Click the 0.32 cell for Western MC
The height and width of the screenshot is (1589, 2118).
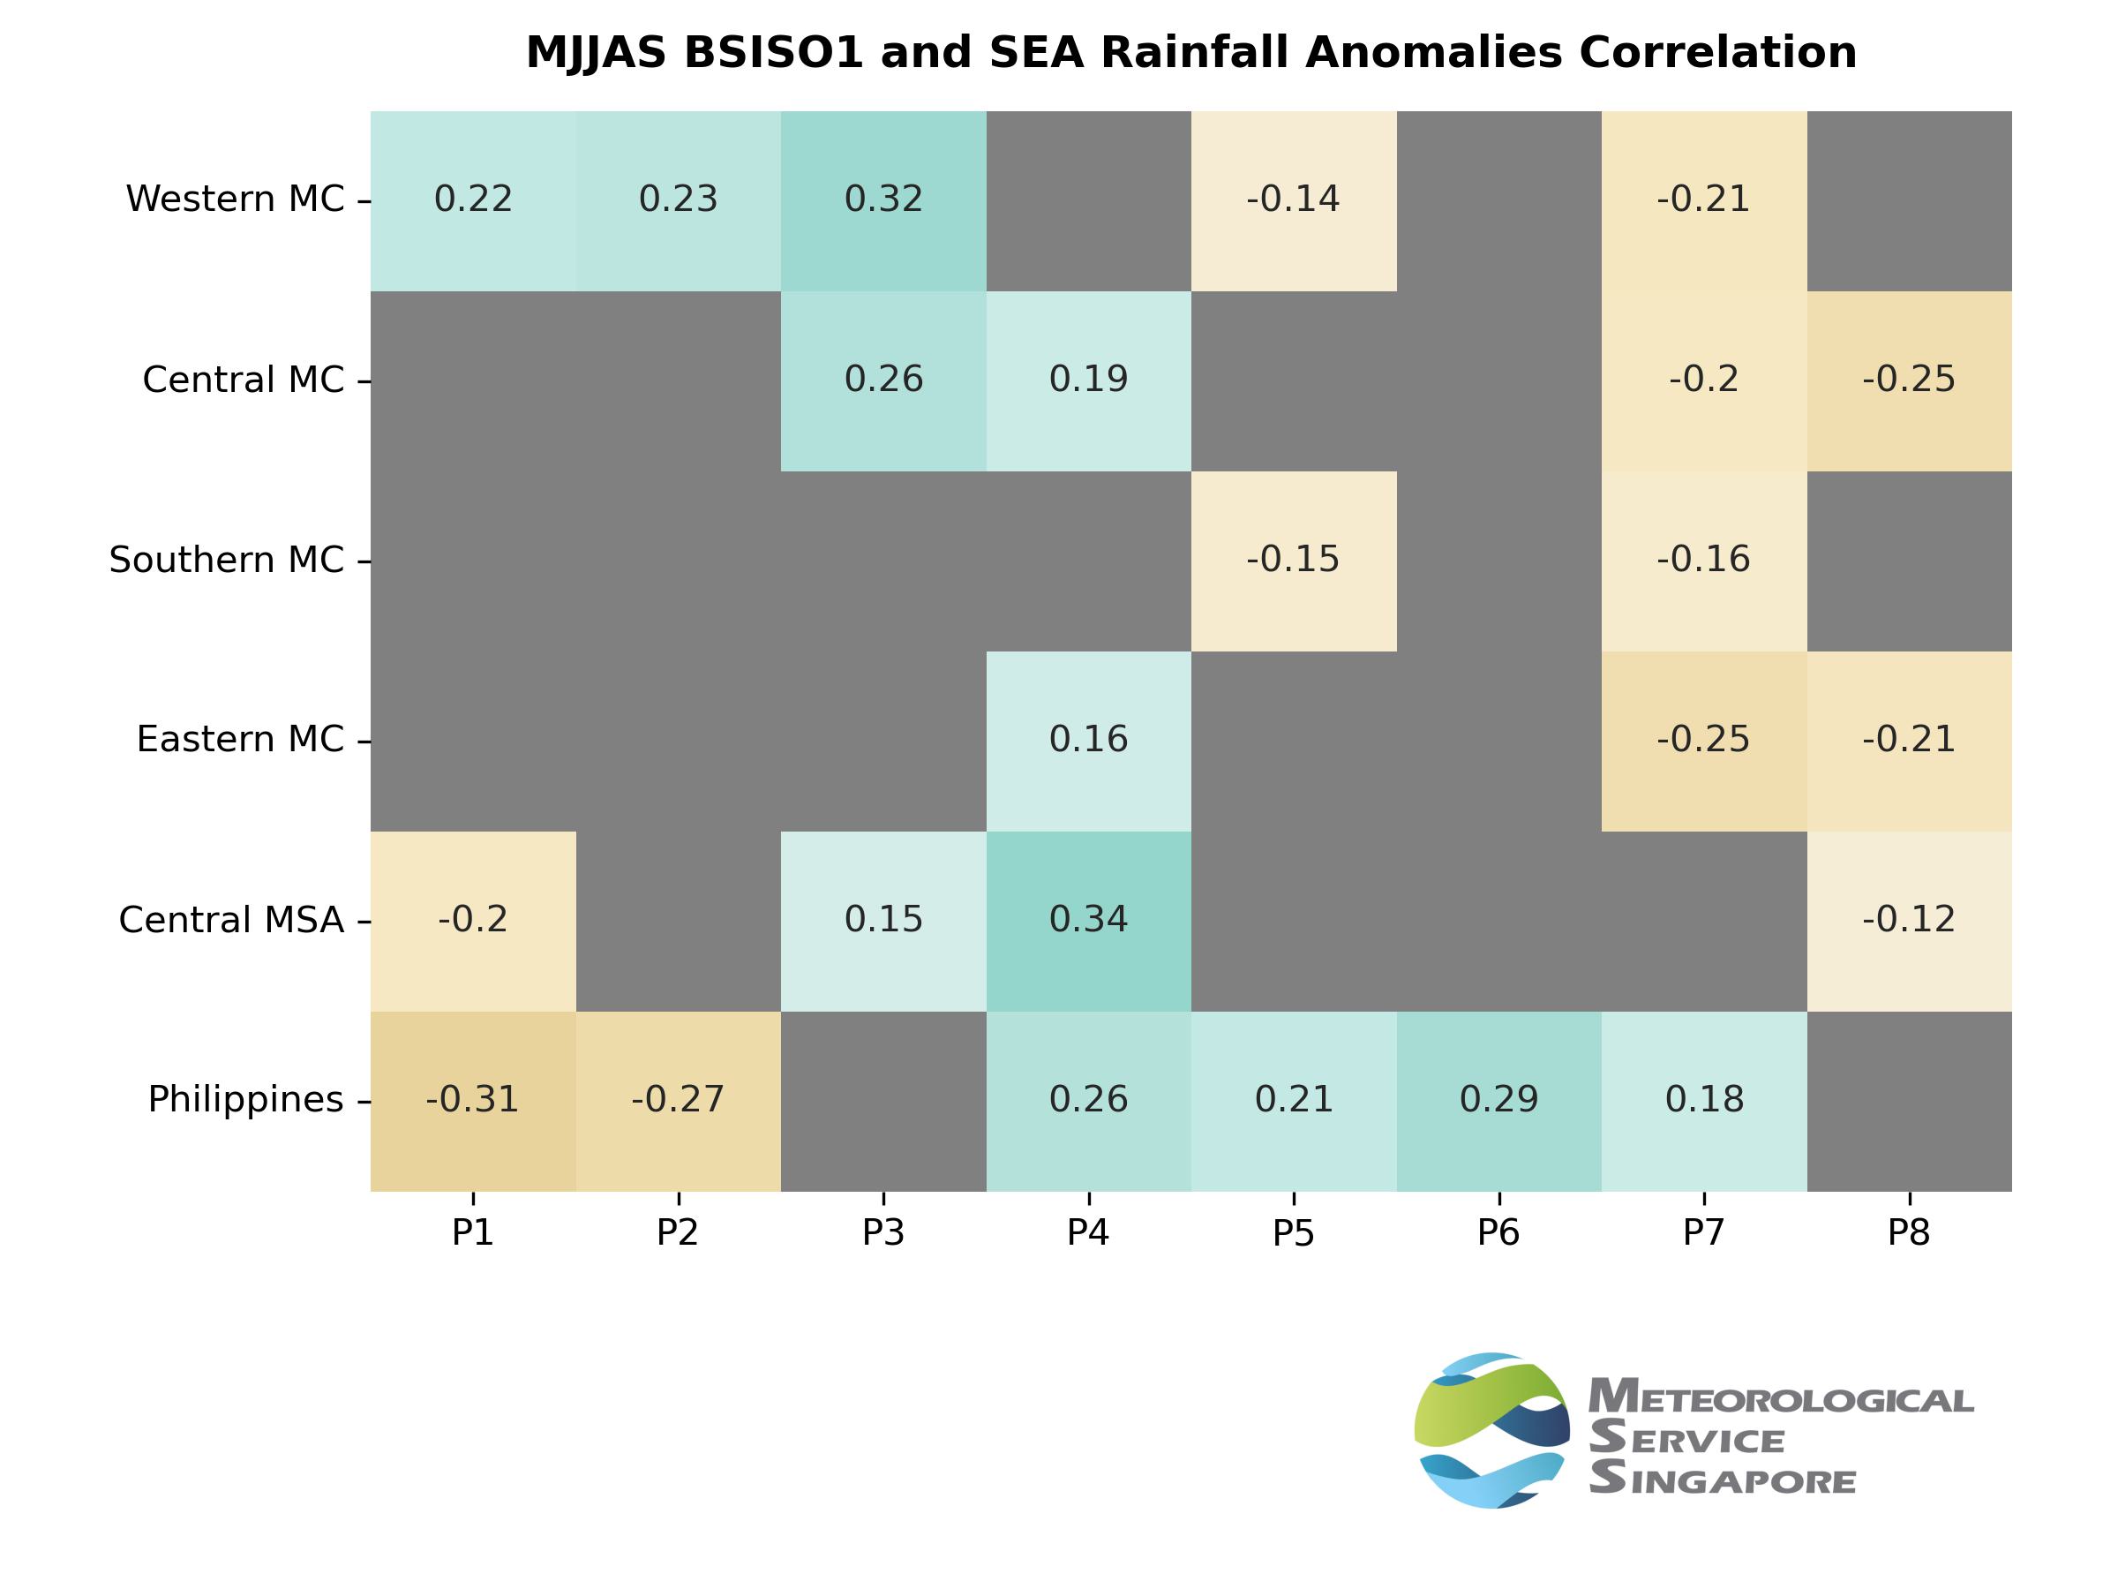882,200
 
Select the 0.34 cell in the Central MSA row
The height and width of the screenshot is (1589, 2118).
1088,921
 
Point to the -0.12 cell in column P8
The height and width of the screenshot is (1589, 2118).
1908,921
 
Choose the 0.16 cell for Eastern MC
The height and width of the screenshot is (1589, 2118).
1088,741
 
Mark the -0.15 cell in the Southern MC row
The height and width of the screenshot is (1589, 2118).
1293,561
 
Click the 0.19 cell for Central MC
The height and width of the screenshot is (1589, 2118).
1088,380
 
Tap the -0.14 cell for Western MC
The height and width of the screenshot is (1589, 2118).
1293,200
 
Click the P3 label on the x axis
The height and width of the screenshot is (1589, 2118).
882,1233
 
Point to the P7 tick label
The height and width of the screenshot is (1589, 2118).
1703,1233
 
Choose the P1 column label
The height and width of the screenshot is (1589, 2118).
473,1233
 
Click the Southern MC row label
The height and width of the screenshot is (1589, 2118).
226,561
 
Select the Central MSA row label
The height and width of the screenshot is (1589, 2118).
230,921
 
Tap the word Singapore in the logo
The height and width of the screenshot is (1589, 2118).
1724,1480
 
